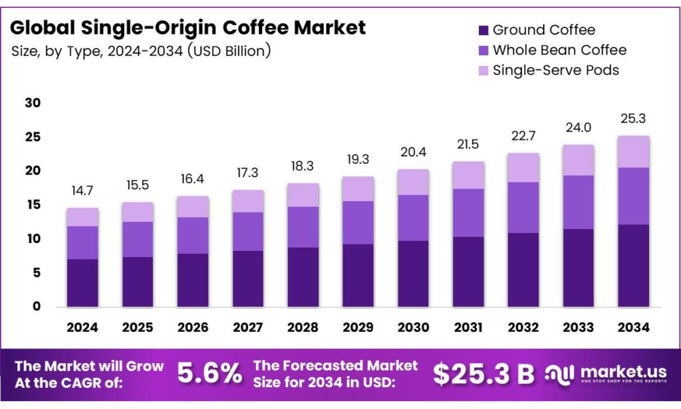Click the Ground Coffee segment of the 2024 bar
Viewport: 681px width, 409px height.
82,283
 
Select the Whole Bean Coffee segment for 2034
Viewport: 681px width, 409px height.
633,196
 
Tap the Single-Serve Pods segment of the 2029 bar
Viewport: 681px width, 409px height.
358,189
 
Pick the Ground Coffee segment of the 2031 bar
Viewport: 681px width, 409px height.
468,272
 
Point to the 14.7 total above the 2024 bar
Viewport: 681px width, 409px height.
82,191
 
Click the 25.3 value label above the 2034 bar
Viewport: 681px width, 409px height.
633,119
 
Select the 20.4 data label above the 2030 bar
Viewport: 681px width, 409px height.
413,152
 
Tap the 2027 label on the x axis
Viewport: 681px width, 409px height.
247,327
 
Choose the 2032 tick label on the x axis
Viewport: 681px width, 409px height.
523,327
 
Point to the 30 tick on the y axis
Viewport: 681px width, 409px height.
33,103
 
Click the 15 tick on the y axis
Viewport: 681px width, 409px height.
33,205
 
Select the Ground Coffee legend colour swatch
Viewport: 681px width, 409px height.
483,31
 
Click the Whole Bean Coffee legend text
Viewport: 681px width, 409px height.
559,50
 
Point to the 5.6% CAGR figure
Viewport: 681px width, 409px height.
209,374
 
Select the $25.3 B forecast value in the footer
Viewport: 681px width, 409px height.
483,374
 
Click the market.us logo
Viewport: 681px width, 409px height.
607,374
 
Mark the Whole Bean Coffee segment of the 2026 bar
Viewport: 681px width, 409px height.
192,235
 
